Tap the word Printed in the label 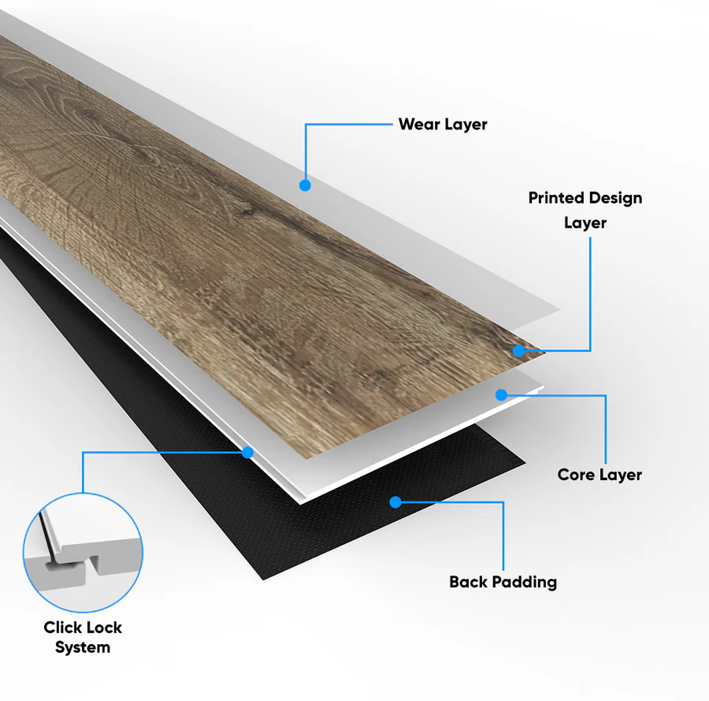click(556, 198)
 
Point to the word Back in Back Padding click(468, 581)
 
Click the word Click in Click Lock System click(61, 627)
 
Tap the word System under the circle click(83, 647)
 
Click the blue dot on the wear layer click(305, 185)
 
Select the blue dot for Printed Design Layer click(518, 350)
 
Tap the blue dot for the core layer click(501, 395)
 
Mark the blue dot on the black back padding click(395, 502)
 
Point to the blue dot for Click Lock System click(247, 452)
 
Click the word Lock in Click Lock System click(103, 627)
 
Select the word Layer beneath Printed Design click(585, 223)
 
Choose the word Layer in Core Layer click(621, 475)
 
